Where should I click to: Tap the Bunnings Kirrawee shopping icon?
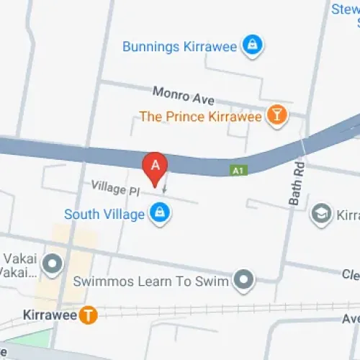tap(252, 46)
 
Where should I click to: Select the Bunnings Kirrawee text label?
tap(180, 46)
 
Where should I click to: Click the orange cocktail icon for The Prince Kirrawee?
tap(276, 115)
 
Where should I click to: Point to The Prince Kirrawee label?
tap(200, 116)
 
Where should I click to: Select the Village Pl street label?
tap(114, 187)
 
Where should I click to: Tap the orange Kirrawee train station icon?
tap(88, 315)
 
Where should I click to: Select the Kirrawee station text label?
tap(48, 315)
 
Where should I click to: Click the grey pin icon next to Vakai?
tap(53, 265)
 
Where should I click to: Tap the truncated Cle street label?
tap(351, 274)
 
